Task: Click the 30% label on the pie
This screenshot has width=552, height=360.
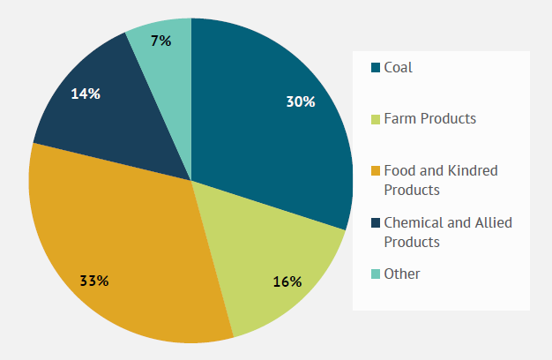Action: coord(300,101)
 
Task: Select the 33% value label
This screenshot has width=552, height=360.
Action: coord(93,281)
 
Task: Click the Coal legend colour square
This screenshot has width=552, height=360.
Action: coord(376,67)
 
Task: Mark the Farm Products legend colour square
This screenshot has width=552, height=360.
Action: coord(376,118)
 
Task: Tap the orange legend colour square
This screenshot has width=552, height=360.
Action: coord(376,170)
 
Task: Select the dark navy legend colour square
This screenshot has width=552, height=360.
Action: coord(376,222)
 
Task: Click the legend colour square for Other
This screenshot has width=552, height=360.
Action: coord(376,274)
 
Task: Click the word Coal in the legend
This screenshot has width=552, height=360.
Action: coord(398,67)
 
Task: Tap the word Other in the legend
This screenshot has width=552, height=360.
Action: coord(402,274)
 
